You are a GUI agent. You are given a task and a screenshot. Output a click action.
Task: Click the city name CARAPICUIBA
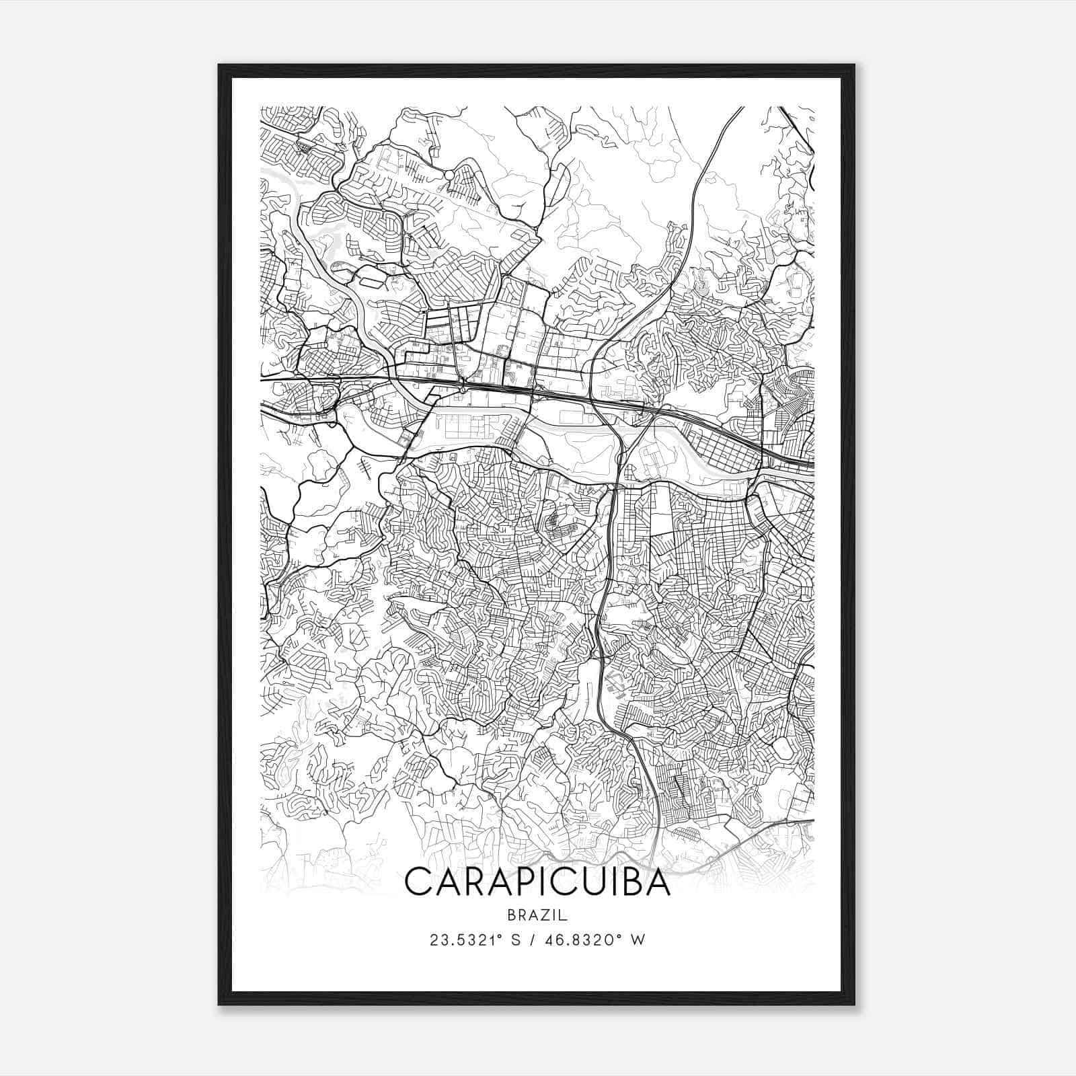[538, 882]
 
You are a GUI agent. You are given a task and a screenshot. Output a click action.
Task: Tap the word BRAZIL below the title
[538, 915]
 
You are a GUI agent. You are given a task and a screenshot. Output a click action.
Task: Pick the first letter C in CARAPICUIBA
[418, 882]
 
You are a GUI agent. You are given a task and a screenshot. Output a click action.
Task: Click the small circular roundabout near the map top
[449, 175]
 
